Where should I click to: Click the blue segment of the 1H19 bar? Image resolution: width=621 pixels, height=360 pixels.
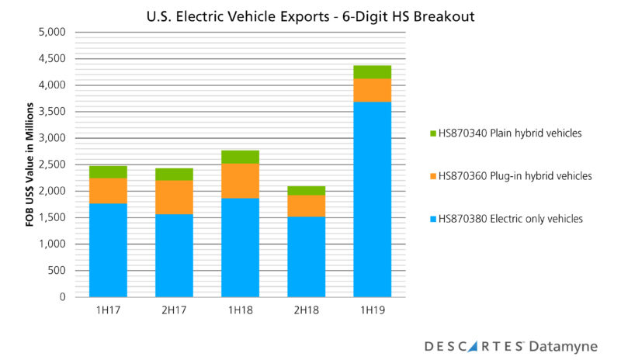[x=372, y=199]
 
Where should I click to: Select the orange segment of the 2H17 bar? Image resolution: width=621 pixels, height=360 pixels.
[x=174, y=197]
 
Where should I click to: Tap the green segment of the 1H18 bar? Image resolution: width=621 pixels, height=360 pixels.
[x=240, y=157]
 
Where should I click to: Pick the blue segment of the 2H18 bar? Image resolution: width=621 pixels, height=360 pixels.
[x=306, y=256]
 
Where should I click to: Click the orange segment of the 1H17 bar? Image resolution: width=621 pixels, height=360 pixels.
[x=108, y=191]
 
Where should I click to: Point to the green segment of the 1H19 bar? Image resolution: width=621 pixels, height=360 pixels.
[x=372, y=72]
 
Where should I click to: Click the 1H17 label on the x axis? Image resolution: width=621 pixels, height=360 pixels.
[x=108, y=311]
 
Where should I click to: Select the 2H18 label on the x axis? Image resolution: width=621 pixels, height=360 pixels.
[x=306, y=311]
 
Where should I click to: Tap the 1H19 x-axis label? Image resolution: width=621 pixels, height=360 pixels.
[x=372, y=311]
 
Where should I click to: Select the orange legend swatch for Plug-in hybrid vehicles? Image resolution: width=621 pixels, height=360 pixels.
[x=432, y=176]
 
